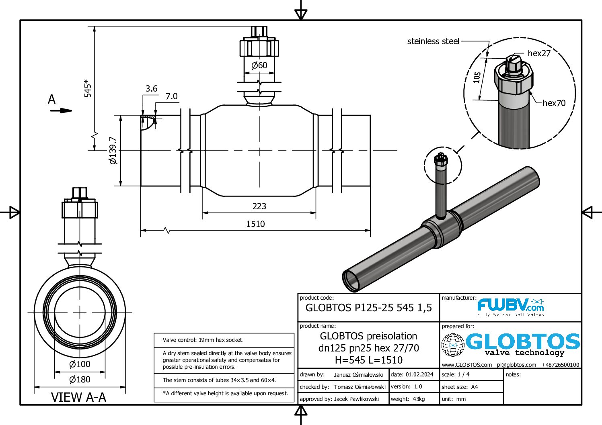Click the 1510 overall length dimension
click(255, 224)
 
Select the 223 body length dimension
click(259, 206)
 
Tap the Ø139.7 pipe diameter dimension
click(113, 151)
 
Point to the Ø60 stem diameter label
click(259, 65)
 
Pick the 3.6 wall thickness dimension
click(151, 88)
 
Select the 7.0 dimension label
click(171, 96)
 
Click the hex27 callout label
click(539, 53)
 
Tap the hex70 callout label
click(554, 103)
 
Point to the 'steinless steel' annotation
click(433, 41)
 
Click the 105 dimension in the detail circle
click(477, 77)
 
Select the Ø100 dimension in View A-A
click(80, 364)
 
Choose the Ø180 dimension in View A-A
click(80, 379)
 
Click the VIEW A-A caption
click(78, 397)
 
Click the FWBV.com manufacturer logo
click(510, 307)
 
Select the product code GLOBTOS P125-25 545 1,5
click(368, 308)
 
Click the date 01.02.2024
click(419, 374)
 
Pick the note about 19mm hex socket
click(203, 340)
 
